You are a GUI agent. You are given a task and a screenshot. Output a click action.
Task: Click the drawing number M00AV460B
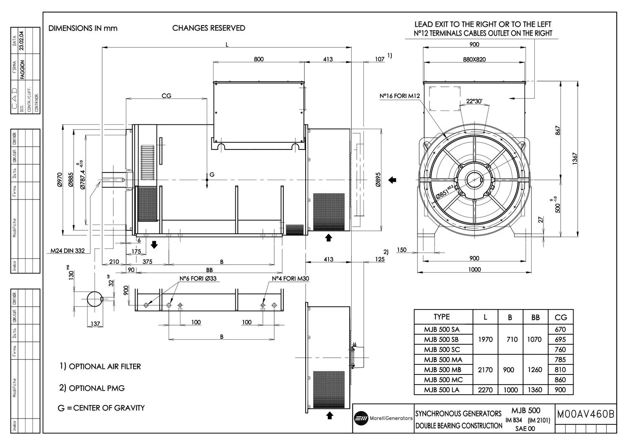point(586,414)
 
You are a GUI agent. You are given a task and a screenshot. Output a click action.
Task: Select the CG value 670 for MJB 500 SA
point(560,330)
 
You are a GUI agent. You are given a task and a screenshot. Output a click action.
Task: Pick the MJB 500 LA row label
point(442,390)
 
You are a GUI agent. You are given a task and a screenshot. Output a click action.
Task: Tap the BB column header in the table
point(535,318)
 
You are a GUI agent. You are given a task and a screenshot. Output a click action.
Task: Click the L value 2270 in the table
point(485,390)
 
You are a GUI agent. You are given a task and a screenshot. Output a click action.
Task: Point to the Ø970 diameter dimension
point(59,180)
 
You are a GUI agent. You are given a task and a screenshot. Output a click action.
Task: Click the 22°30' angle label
point(474,101)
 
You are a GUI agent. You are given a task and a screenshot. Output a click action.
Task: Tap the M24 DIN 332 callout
point(67,251)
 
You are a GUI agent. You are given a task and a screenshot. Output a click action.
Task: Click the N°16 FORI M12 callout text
point(399,96)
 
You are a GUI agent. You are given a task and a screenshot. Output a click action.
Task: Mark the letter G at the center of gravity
point(212,174)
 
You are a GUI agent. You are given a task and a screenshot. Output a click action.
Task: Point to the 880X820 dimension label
point(474,59)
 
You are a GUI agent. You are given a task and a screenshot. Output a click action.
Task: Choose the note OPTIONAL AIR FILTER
point(100,367)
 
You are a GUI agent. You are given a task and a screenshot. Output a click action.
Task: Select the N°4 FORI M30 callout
point(291,279)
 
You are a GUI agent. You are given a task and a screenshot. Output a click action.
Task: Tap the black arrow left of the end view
point(392,180)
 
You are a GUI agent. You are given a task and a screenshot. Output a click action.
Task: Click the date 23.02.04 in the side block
point(22,40)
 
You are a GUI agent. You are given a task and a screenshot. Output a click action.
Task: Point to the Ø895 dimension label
point(378,180)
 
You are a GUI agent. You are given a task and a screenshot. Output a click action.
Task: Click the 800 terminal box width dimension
point(259,59)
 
